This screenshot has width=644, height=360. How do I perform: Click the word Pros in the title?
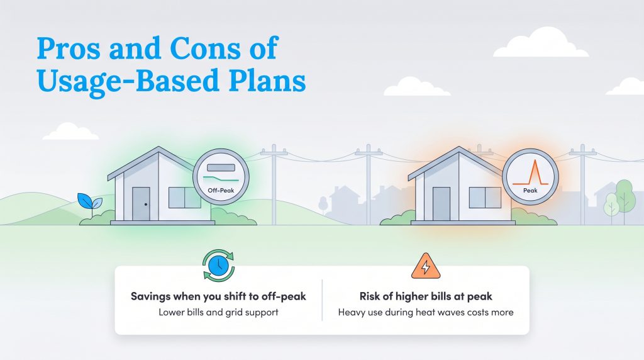[69, 48]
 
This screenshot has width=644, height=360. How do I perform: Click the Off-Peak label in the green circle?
[221, 189]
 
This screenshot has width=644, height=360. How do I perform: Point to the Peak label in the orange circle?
[530, 189]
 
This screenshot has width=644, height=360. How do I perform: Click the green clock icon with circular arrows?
[218, 266]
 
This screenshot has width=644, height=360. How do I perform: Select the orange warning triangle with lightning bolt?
[425, 266]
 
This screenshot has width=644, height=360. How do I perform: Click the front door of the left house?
[141, 203]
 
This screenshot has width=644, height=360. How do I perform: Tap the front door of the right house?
[442, 203]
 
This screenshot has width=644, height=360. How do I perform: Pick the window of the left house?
[184, 198]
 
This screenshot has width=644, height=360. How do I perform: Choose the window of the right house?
[485, 198]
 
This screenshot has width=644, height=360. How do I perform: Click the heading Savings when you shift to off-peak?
[218, 296]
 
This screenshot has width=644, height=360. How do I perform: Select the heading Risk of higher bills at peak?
[425, 296]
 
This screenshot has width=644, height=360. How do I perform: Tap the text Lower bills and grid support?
[218, 312]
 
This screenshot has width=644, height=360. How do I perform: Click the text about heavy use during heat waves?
[425, 312]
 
